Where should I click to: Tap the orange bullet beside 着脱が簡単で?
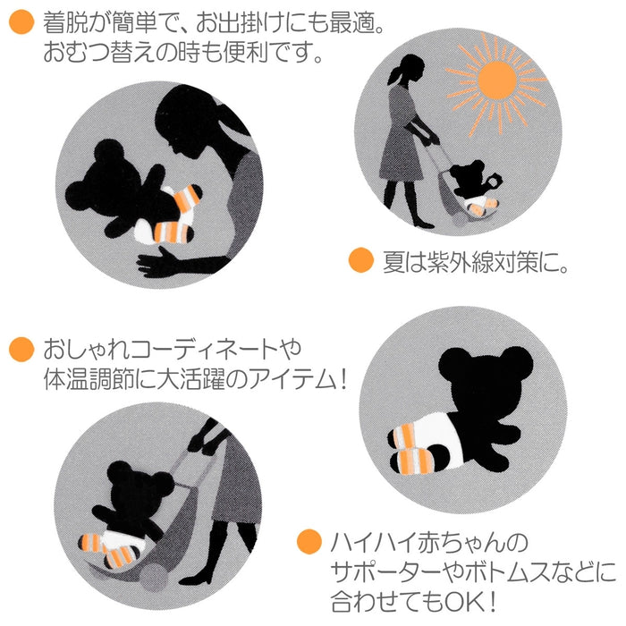pos(20,23)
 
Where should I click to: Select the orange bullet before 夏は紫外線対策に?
pos(360,262)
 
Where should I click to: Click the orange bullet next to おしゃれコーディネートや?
pos(20,347)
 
